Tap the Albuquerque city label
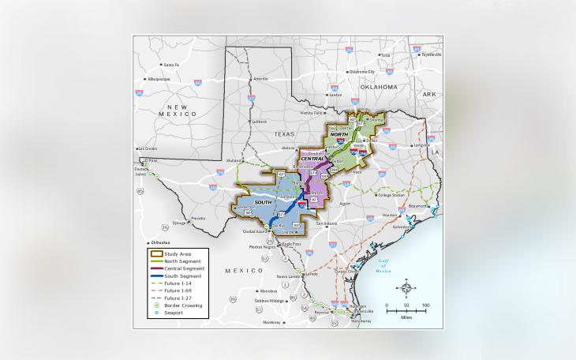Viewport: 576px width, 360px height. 158,79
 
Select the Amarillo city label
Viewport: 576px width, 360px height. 260,79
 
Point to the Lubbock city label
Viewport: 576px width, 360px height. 259,122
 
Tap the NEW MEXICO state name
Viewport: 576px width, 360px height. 177,111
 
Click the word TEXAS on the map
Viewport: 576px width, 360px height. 284,134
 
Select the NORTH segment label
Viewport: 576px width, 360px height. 338,135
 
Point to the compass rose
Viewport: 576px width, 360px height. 406,287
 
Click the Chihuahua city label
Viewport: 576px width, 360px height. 160,243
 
